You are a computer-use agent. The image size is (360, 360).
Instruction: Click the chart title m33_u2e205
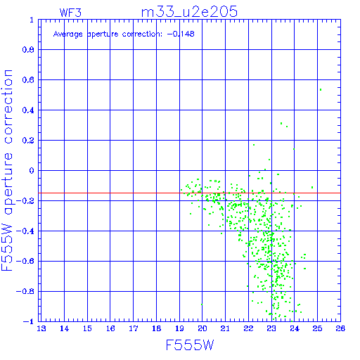(x=189, y=12)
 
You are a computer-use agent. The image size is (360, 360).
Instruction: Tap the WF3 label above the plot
(x=70, y=13)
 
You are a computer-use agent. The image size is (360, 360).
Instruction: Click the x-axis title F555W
(x=190, y=345)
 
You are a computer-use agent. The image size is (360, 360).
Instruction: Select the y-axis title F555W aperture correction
(x=7, y=170)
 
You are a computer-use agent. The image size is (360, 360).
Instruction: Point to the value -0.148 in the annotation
(x=181, y=34)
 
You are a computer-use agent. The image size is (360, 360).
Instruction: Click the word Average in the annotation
(x=67, y=34)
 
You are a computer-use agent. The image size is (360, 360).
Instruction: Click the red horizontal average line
(x=189, y=193)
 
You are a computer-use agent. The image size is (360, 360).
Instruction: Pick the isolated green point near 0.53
(x=321, y=89)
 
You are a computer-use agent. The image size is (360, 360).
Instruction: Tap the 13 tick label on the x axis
(x=41, y=328)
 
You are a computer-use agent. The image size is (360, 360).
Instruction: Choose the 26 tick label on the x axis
(x=340, y=328)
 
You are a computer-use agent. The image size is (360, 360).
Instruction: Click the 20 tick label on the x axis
(x=202, y=328)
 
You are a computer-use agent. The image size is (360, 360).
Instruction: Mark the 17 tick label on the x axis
(x=134, y=328)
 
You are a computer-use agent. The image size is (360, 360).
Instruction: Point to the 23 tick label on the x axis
(x=271, y=328)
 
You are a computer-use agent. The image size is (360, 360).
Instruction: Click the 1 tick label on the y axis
(x=32, y=20)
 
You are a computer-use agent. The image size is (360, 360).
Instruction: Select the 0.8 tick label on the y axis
(x=28, y=49)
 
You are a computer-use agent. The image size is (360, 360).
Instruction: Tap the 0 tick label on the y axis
(x=32, y=170)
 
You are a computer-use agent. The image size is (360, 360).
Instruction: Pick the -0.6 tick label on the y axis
(x=25, y=261)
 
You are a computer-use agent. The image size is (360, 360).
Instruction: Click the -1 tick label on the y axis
(x=29, y=321)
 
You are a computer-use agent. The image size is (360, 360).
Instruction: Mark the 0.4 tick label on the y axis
(x=28, y=110)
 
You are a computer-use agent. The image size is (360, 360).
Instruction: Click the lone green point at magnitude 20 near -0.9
(x=202, y=304)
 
